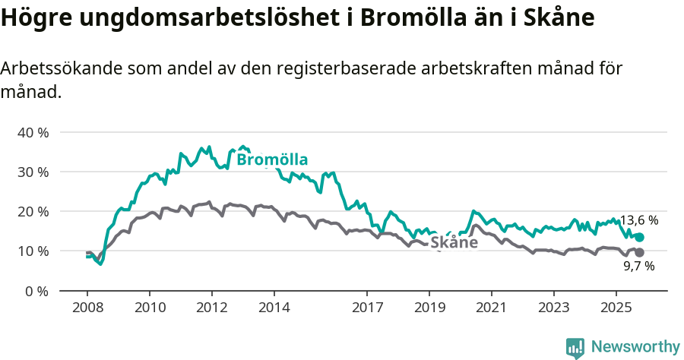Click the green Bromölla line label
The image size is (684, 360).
point(272,159)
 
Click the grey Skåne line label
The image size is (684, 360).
point(454,242)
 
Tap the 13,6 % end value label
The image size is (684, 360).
point(639,220)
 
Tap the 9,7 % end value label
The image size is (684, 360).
point(639,267)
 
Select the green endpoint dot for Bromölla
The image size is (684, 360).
point(640,238)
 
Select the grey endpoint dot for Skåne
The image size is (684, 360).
point(640,252)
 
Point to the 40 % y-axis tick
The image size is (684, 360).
point(33,132)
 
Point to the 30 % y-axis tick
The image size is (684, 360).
point(33,172)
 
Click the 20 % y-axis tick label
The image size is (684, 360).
point(33,211)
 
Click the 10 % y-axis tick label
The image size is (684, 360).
point(33,251)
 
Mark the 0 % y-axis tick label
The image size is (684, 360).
point(36,291)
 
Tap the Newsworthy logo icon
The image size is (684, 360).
point(575,348)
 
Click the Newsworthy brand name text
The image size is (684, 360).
point(635,347)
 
